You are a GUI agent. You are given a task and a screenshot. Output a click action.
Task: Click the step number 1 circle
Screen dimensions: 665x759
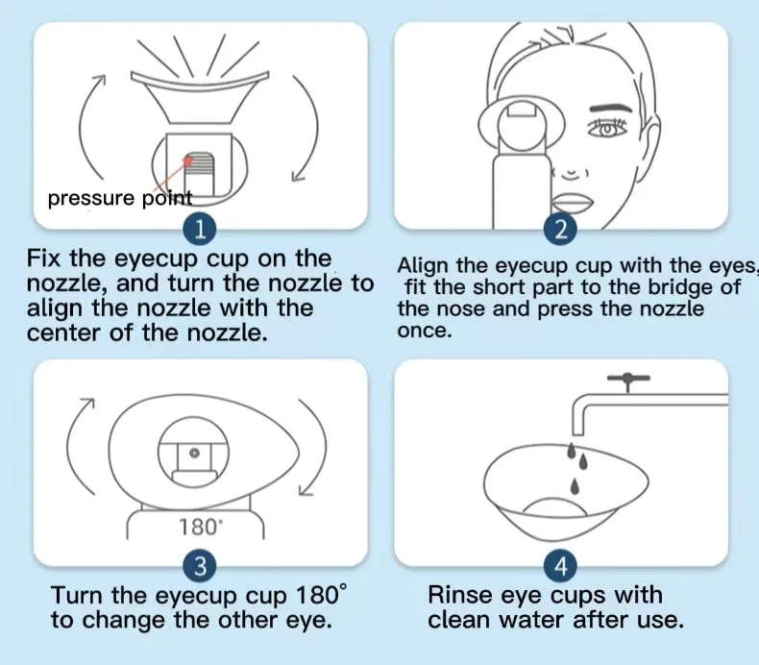coord(199,230)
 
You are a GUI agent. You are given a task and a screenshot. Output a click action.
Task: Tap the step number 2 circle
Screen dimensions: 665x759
coord(561,230)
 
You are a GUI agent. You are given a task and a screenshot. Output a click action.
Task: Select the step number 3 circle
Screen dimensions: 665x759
coord(199,567)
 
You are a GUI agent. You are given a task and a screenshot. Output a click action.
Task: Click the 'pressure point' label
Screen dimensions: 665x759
coord(119,199)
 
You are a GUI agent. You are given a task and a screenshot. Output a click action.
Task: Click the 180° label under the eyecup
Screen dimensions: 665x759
coord(200,527)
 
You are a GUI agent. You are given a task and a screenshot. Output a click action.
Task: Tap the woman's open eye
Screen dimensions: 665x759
coord(605,130)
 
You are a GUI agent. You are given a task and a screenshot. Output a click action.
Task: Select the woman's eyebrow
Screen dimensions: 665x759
coord(603,100)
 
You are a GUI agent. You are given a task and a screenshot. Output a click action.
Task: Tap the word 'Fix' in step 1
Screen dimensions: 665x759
coord(45,259)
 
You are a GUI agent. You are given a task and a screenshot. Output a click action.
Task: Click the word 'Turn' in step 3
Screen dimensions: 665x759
coord(77,596)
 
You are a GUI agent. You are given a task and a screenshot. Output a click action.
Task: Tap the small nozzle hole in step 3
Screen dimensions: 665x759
coord(194,452)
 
